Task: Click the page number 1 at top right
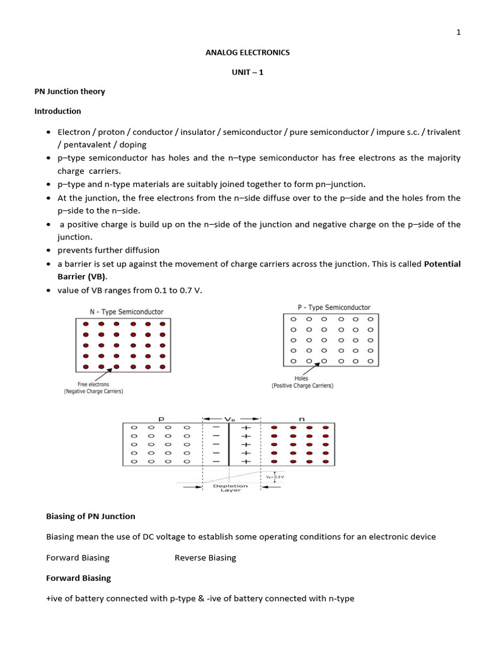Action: point(459,33)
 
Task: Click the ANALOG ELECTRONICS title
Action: point(248,52)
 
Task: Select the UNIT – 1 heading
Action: point(248,72)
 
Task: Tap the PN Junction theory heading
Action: point(69,91)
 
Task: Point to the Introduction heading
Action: point(57,111)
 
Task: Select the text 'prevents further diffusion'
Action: point(108,250)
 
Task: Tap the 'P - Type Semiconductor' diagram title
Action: point(334,307)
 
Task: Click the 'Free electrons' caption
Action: point(93,384)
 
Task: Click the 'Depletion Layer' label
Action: point(230,488)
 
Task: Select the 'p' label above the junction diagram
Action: point(161,417)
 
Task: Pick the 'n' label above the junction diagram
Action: point(299,417)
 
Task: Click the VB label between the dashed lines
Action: point(230,418)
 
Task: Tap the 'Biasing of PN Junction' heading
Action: point(91,516)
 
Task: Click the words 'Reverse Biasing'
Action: point(205,557)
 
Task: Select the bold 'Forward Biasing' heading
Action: point(78,578)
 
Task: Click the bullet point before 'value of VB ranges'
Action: point(49,290)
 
